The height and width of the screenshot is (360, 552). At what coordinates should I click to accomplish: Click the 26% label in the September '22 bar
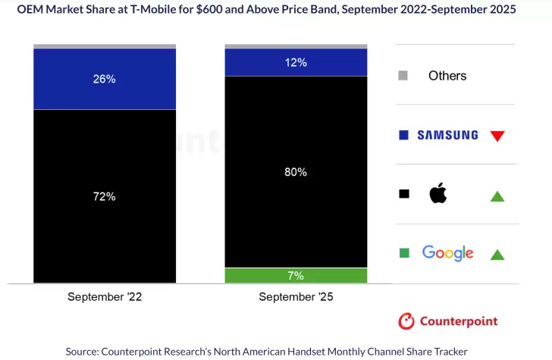click(x=105, y=79)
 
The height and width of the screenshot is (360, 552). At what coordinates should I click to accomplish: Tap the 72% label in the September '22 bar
click(x=105, y=196)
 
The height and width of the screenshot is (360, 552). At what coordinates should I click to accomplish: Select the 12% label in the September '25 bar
click(x=296, y=62)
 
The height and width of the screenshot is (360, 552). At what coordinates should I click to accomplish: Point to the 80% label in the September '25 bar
click(x=296, y=172)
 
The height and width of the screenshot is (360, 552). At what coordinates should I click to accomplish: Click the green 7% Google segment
click(x=296, y=275)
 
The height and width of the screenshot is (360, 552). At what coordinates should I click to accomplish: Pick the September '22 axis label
click(x=105, y=297)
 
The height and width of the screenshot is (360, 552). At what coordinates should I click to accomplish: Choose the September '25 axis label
click(x=296, y=297)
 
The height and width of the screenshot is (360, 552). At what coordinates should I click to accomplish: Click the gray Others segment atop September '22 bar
click(x=105, y=46)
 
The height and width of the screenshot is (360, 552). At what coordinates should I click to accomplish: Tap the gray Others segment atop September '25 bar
click(x=296, y=46)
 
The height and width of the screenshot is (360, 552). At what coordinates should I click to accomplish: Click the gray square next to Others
click(x=403, y=76)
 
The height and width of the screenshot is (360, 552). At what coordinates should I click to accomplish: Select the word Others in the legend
click(x=447, y=76)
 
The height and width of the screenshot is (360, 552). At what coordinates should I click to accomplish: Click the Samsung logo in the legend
click(x=447, y=135)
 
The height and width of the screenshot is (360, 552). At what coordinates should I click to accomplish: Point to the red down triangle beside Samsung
click(x=497, y=136)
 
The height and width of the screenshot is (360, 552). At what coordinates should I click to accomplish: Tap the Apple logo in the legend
click(x=438, y=194)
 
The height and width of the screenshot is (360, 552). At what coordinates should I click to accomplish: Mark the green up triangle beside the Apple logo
click(x=497, y=196)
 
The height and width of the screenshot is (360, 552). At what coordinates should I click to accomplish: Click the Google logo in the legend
click(x=447, y=253)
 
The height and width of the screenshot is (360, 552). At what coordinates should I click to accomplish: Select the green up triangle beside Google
click(x=497, y=255)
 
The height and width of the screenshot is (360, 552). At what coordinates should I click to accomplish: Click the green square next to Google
click(x=403, y=253)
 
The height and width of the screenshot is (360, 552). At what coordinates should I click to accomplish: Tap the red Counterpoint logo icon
click(x=406, y=321)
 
